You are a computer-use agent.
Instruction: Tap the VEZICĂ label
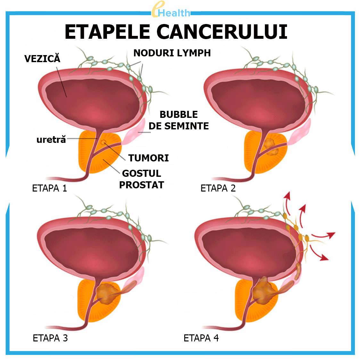click(42, 58)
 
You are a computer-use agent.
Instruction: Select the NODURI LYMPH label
click(172, 53)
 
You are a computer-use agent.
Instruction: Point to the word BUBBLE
click(178, 114)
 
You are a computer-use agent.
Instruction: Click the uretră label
click(51, 139)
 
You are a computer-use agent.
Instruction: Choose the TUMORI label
click(148, 158)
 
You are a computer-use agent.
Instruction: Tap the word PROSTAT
click(142, 185)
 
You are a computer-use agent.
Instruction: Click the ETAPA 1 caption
click(50, 188)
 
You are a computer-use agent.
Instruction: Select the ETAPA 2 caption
click(218, 188)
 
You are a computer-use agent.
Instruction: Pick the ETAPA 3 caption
click(50, 338)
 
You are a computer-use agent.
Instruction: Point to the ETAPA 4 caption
click(201, 338)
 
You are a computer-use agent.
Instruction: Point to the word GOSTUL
click(142, 173)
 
